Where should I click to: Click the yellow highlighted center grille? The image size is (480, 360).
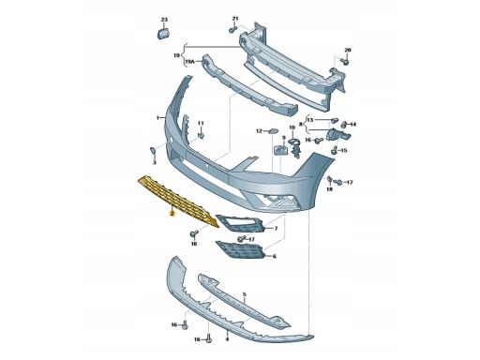click(178, 200)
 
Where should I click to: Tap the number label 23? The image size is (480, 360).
click(164, 20)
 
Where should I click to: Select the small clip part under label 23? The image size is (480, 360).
click(163, 33)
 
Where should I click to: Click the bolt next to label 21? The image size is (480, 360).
click(232, 30)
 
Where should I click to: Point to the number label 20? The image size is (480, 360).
click(348, 50)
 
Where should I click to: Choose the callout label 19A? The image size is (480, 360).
click(189, 62)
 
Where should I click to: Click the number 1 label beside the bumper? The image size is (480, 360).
click(158, 118)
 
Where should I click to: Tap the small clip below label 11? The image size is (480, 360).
click(201, 135)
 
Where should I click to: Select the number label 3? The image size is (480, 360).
click(154, 163)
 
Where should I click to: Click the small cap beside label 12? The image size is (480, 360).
click(273, 130)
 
